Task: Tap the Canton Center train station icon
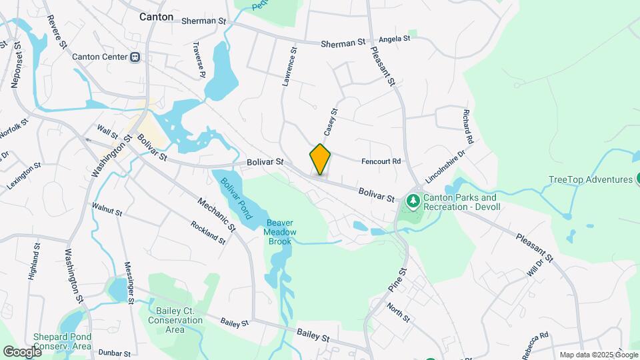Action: coord(135,57)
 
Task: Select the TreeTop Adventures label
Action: coord(590,179)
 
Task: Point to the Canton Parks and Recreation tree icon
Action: coord(413,199)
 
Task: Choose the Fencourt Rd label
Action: coord(381,161)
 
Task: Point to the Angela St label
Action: coord(395,39)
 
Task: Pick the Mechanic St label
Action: coord(217,214)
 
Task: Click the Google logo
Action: coord(22,351)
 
